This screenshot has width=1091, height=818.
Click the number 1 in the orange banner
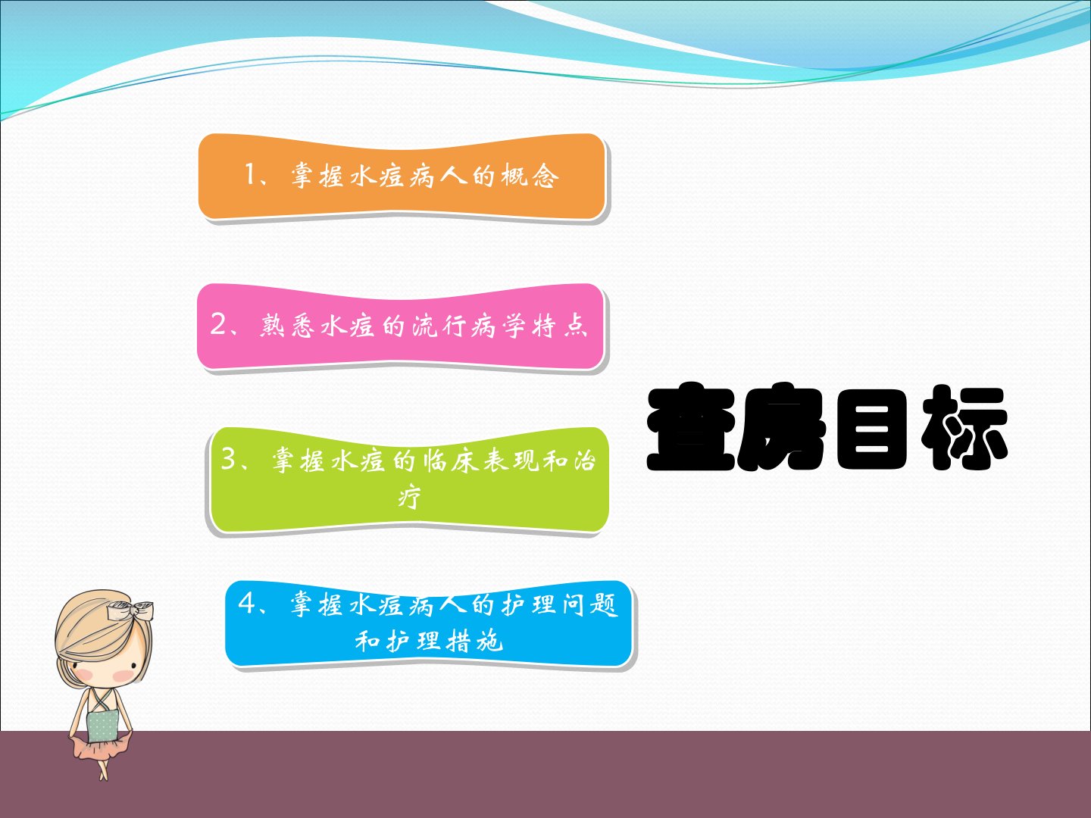[x=249, y=174]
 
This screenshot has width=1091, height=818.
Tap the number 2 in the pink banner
[x=218, y=324]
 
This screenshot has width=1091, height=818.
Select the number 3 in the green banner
[x=229, y=459]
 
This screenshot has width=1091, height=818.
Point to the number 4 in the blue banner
[x=246, y=603]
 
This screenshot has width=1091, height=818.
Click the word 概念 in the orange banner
[x=530, y=175]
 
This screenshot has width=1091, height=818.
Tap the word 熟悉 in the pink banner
[x=287, y=326]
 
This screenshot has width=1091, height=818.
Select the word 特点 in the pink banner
[x=560, y=326]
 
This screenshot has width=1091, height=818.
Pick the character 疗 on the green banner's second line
[x=409, y=497]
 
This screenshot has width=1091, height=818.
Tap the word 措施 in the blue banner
[x=475, y=641]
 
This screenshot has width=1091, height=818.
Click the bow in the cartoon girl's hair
[x=131, y=610]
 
